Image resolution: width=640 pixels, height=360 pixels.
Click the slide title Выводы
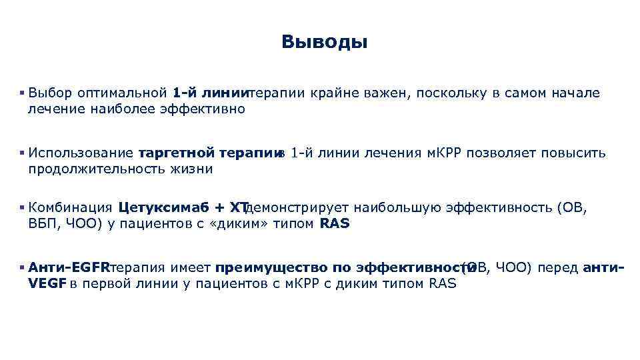[324, 43]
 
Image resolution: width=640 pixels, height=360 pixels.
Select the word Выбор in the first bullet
[50, 93]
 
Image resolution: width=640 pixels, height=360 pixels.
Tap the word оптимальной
[121, 93]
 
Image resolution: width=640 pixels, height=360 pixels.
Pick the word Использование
[82, 153]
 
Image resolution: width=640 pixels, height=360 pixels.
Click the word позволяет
[499, 153]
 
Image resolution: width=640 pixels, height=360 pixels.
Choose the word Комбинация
[71, 207]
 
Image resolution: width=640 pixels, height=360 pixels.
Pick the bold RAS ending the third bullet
[335, 223]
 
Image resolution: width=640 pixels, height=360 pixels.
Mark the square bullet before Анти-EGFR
[23, 267]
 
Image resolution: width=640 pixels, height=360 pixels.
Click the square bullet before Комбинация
[23, 207]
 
